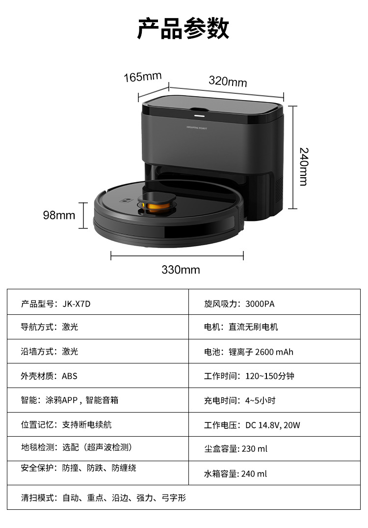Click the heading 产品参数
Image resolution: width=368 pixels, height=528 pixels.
[183, 28]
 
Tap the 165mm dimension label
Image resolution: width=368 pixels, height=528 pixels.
[142, 77]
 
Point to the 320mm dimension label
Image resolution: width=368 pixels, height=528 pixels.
[228, 81]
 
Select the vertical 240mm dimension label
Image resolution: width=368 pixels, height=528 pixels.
[304, 166]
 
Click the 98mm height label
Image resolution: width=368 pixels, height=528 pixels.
[59, 215]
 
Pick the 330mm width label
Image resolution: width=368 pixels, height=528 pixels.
[181, 270]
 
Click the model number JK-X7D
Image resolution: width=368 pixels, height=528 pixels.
[77, 304]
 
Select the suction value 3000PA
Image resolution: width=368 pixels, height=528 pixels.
[260, 304]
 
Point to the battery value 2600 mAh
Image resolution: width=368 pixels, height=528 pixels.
[275, 352]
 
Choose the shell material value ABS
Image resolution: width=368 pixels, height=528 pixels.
[70, 376]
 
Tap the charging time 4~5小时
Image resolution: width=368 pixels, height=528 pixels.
[260, 400]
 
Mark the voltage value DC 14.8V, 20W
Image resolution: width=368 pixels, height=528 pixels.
[273, 425]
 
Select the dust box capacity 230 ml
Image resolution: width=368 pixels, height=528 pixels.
[254, 448]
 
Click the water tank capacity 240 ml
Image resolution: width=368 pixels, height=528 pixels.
[254, 473]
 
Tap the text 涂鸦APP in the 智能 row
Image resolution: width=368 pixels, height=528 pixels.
[61, 400]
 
